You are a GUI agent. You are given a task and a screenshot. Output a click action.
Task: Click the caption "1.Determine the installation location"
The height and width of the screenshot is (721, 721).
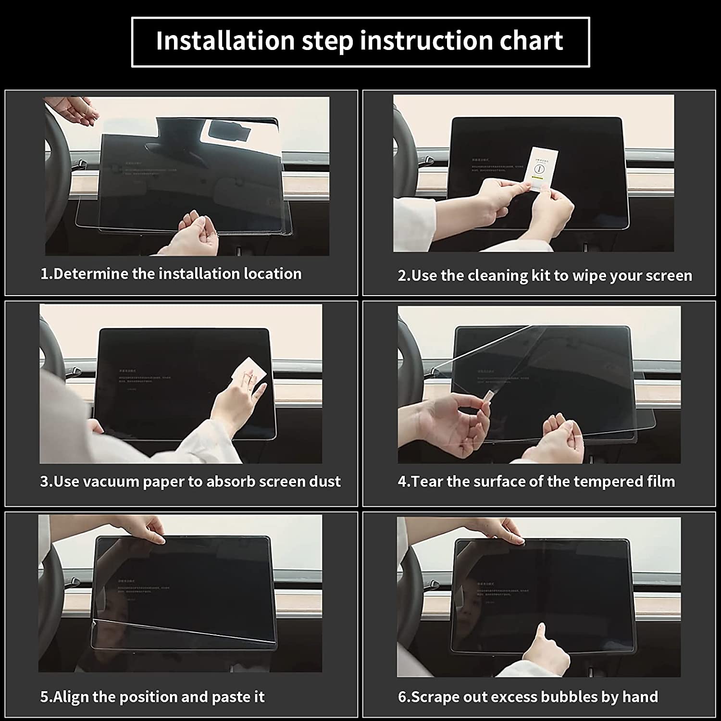pos(171,274)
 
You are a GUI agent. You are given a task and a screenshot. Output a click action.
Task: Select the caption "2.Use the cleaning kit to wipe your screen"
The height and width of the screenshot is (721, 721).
pos(545,275)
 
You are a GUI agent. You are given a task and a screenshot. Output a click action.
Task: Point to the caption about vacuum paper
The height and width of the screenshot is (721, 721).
pos(190,481)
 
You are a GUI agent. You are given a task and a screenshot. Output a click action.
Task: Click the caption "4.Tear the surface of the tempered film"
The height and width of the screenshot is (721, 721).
pos(536,481)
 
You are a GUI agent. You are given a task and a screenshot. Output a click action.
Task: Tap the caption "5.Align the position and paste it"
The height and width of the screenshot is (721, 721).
pos(152,696)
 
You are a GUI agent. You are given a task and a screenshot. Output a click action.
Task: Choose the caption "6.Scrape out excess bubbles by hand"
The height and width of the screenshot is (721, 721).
pos(528,696)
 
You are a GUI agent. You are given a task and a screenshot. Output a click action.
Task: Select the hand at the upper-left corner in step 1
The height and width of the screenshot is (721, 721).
pos(77,111)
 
